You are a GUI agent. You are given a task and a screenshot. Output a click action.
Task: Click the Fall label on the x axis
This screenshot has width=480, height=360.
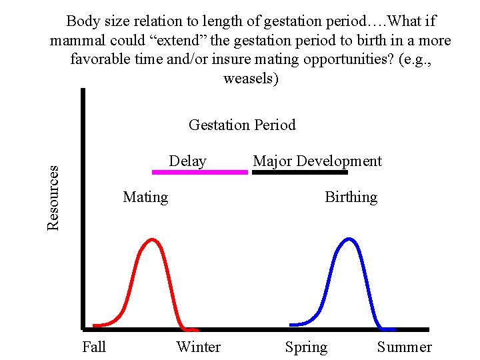point(94,347)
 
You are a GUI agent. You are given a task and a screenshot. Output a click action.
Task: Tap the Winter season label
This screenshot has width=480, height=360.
point(198,347)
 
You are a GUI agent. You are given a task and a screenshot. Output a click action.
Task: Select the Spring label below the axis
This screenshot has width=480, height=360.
point(306,347)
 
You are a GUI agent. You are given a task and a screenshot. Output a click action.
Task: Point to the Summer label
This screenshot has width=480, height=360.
point(404,347)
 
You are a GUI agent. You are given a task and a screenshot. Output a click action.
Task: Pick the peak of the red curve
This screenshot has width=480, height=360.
point(153,239)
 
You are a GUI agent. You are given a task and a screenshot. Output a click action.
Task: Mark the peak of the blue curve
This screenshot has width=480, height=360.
point(348,239)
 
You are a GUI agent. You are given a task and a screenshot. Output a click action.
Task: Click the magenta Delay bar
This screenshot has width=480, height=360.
point(200,172)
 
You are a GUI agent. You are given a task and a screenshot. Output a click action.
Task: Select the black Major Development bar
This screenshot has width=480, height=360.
point(300,172)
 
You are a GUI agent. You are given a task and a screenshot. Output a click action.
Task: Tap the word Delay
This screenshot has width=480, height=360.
point(187,161)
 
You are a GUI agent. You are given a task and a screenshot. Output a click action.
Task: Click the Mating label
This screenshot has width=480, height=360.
point(145,197)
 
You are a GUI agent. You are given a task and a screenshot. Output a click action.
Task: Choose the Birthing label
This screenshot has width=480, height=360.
point(351,197)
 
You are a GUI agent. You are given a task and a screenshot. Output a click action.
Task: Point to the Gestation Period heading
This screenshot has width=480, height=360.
point(242,125)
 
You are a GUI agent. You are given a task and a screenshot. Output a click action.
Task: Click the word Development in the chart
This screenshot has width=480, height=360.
point(339,161)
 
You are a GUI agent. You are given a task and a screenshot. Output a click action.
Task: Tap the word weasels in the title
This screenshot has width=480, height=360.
point(251,79)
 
